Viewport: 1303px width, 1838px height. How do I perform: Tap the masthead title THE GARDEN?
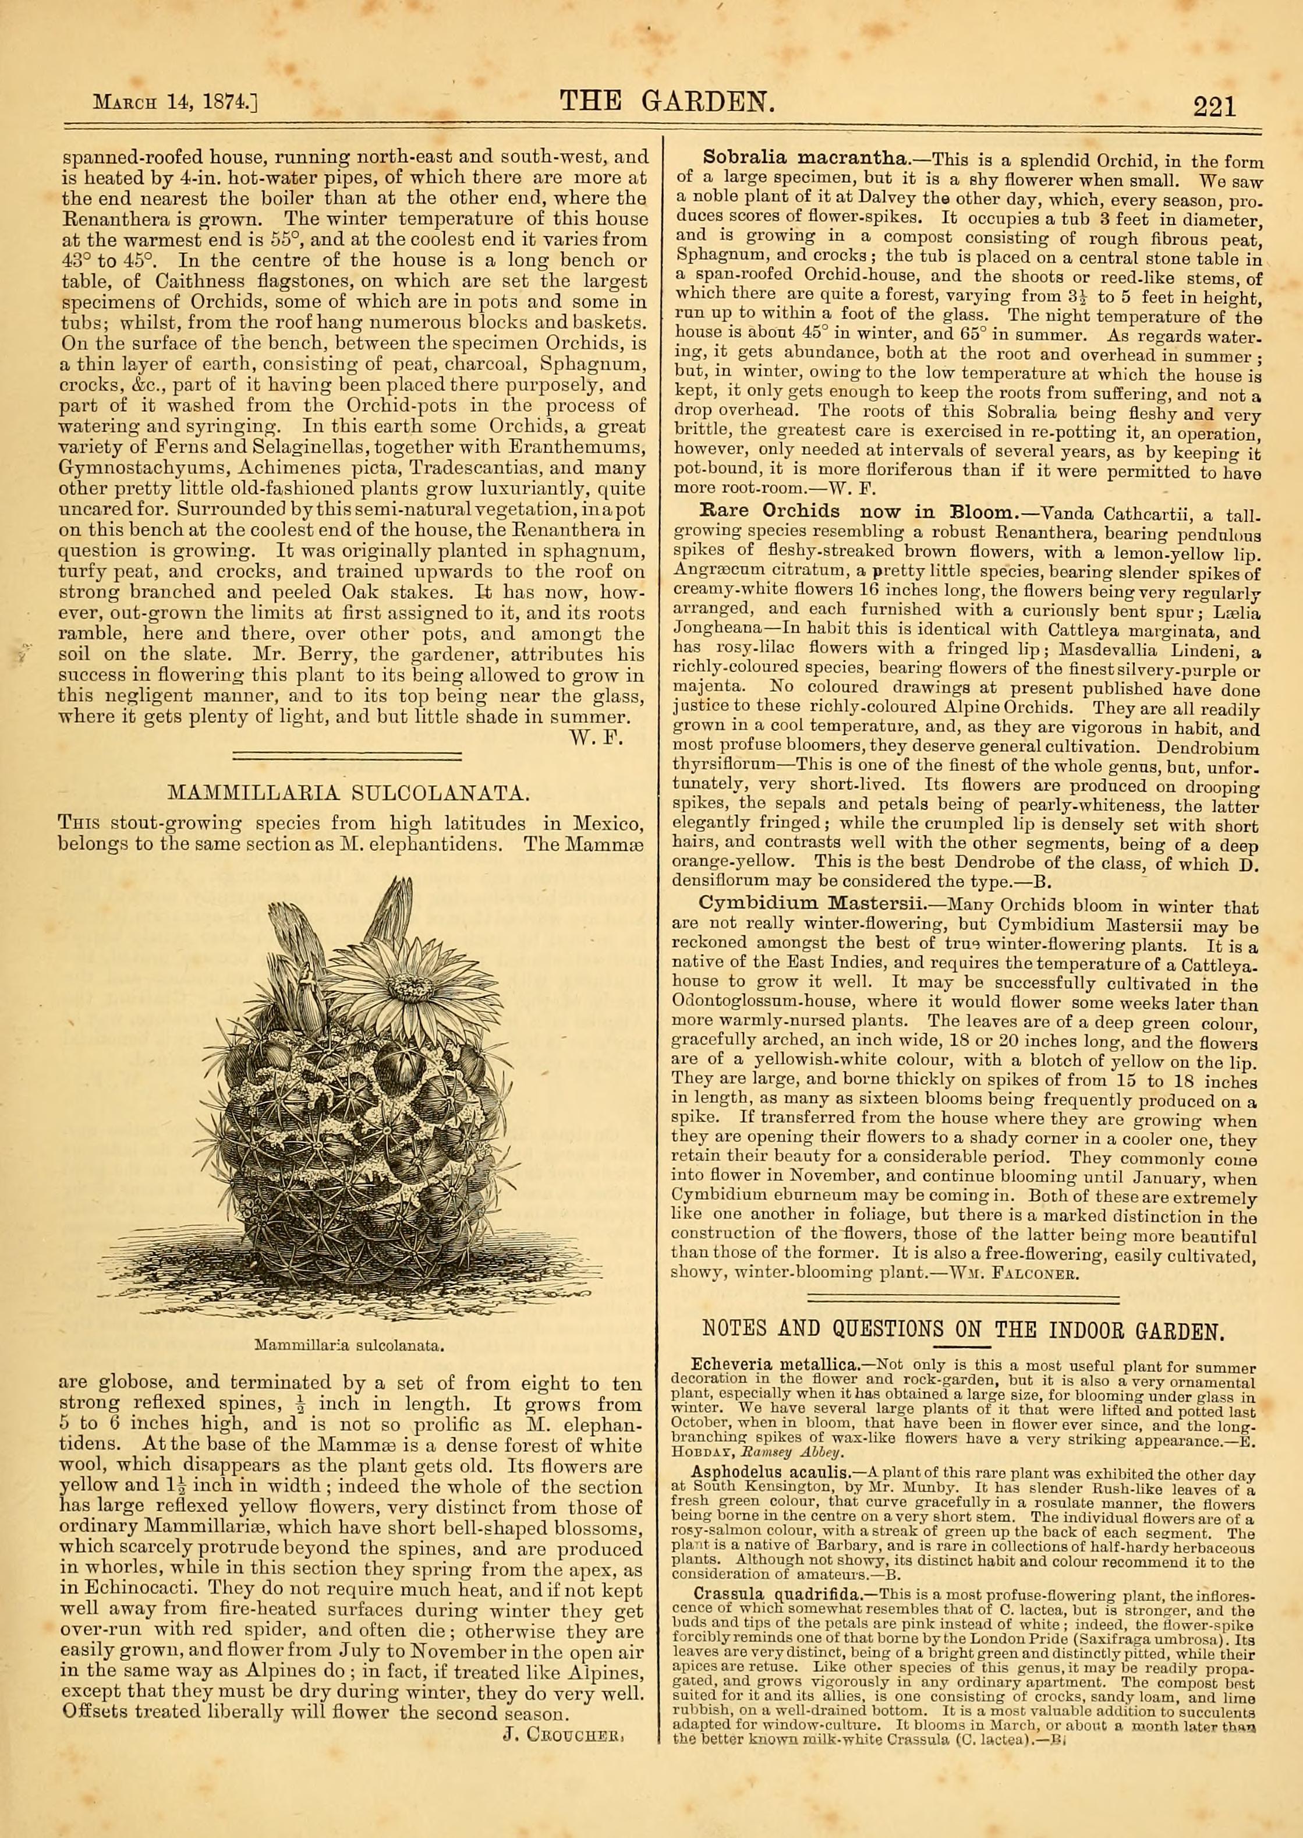click(x=668, y=101)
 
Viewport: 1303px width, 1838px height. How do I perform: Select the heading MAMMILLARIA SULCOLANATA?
click(x=348, y=794)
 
